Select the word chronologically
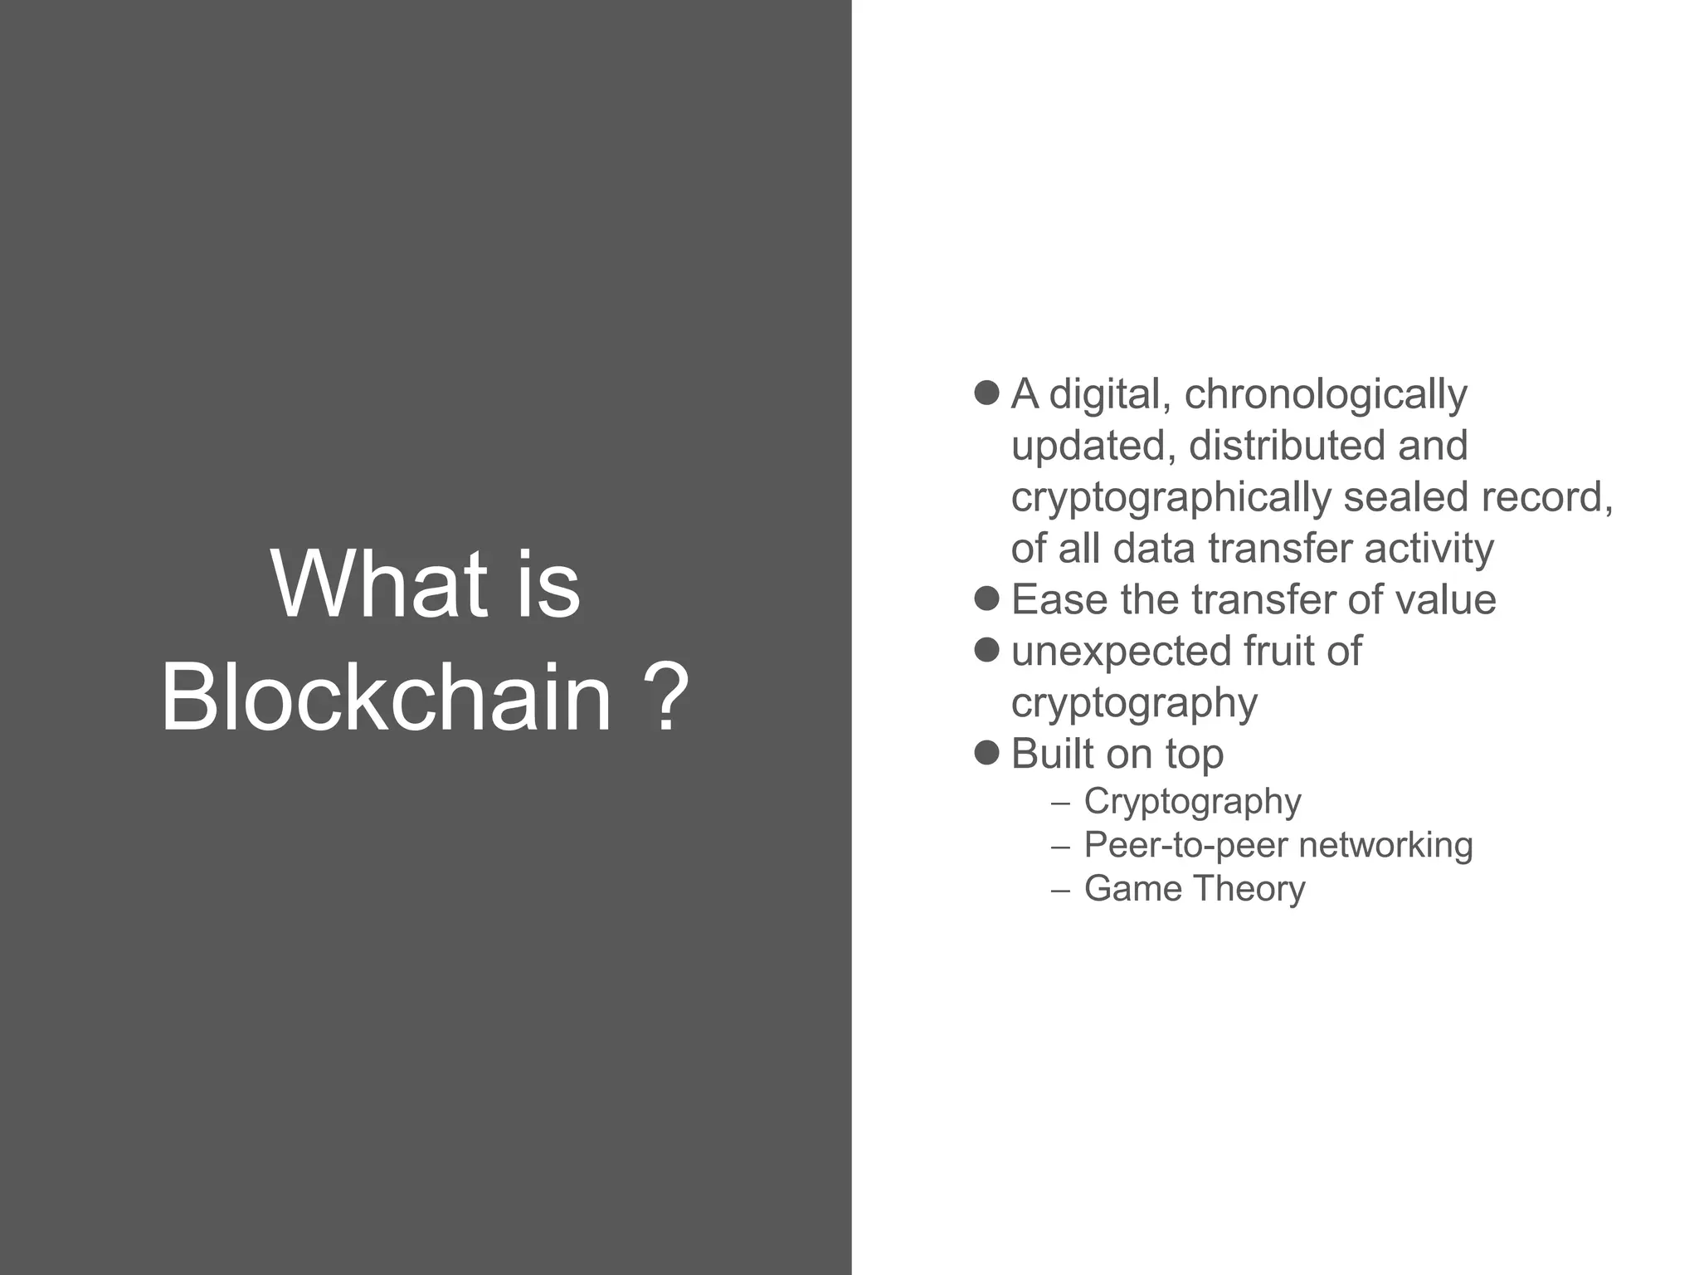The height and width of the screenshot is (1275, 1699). pos(1325,395)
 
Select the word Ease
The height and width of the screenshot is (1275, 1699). pos(1059,599)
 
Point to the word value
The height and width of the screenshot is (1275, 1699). pos(1445,599)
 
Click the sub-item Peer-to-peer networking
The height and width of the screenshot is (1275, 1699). pos(1278,845)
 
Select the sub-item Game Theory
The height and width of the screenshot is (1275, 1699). pos(1194,888)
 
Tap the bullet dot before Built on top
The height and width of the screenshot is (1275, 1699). pos(986,752)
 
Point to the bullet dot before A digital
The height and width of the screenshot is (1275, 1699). pos(986,393)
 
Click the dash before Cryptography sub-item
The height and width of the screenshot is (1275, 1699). pos(1059,804)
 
